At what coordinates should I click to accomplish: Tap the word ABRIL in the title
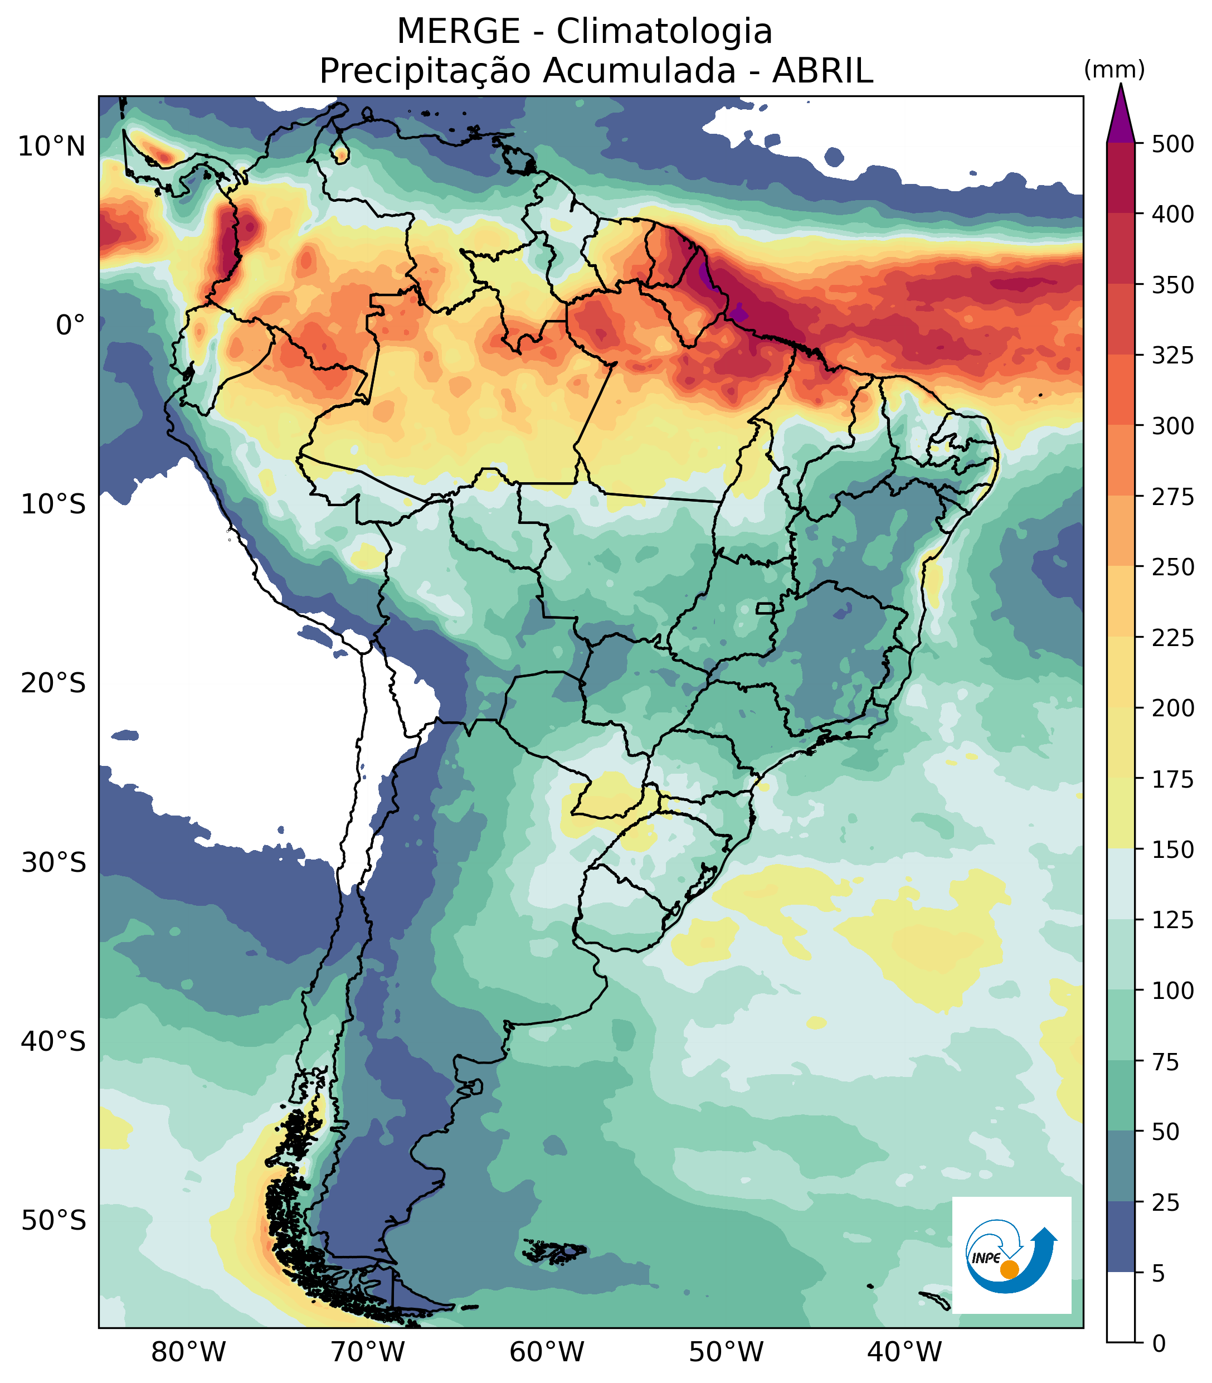(822, 71)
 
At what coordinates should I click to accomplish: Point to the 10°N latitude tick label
(52, 146)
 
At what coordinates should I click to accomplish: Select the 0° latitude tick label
(70, 326)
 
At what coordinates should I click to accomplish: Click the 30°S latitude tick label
(53, 863)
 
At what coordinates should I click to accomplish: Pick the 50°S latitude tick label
(53, 1221)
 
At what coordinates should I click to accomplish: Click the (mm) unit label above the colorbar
(1114, 70)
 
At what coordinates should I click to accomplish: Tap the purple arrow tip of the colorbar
(1121, 115)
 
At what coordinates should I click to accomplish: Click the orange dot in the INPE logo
(1009, 1269)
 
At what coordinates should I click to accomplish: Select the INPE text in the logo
(986, 1258)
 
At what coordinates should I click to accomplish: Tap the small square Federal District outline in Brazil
(765, 608)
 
